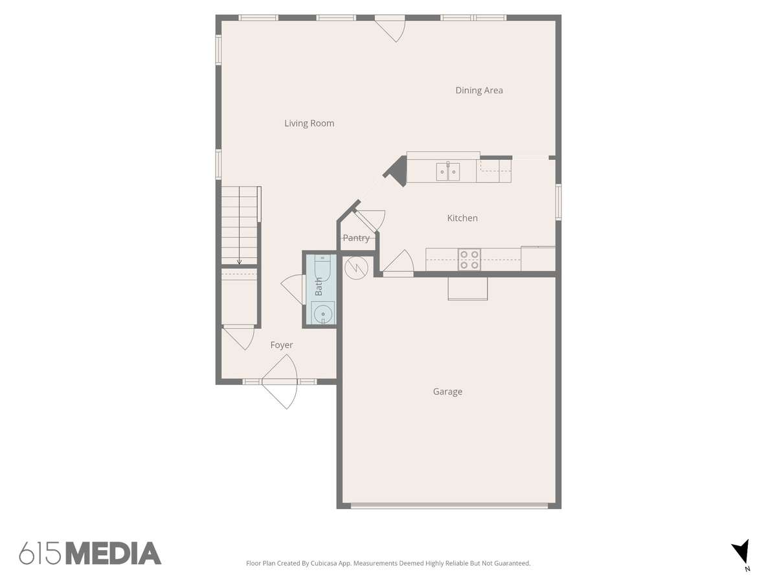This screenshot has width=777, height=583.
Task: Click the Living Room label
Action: [x=309, y=123]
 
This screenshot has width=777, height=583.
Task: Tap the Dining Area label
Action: [x=479, y=90]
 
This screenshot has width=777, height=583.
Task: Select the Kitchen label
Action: [x=462, y=218]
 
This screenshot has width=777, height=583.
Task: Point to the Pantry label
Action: [x=356, y=238]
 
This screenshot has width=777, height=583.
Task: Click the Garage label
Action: [x=447, y=391]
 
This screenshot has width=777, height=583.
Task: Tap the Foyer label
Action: [x=282, y=345]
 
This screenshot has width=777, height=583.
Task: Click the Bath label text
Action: [x=319, y=286]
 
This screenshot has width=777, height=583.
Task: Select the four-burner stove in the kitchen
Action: [x=469, y=260]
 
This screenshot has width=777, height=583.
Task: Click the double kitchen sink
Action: [x=448, y=172]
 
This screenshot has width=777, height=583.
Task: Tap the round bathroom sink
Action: [x=323, y=314]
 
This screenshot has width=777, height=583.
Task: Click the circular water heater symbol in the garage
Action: [x=357, y=268]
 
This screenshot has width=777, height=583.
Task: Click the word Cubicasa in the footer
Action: [x=324, y=563]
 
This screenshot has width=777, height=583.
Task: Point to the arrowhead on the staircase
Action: [x=240, y=262]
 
